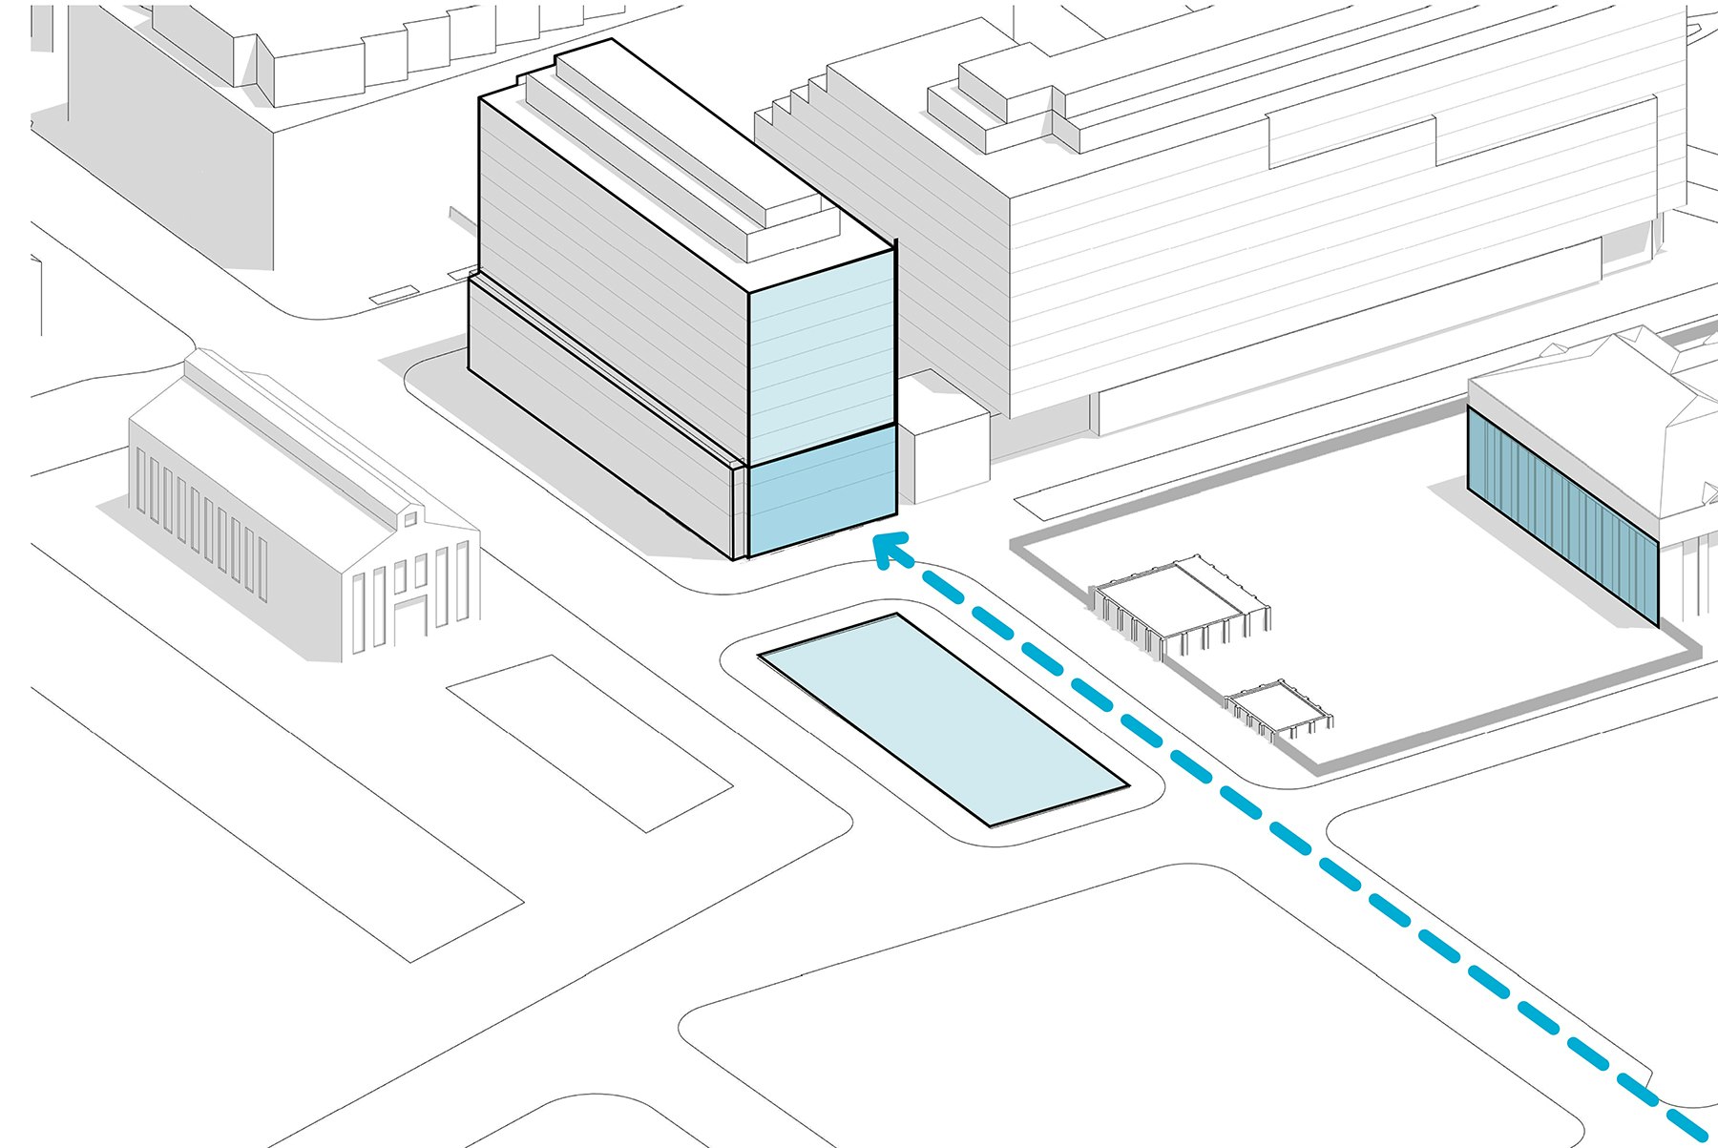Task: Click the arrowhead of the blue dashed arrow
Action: pyautogui.click(x=888, y=550)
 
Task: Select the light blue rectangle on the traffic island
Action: pyautogui.click(x=943, y=718)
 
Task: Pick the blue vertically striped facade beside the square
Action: pyautogui.click(x=1561, y=515)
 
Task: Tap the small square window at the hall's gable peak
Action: pyautogui.click(x=409, y=518)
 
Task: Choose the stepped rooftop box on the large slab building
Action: pyautogui.click(x=1002, y=95)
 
